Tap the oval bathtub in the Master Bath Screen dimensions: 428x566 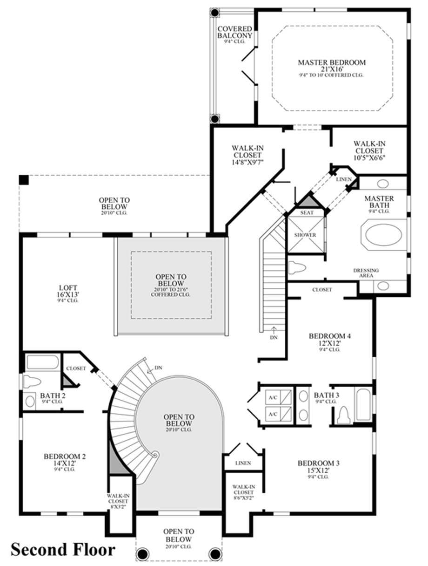[383, 234]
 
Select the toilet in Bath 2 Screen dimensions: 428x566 [32, 382]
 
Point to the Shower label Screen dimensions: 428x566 [305, 235]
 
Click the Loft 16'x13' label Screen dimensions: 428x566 [68, 293]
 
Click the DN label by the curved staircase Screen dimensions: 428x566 [159, 368]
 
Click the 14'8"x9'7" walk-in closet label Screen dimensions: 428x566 [247, 155]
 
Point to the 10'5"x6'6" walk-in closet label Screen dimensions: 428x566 [369, 150]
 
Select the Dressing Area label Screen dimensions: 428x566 [366, 273]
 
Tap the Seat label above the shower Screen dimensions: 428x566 [307, 213]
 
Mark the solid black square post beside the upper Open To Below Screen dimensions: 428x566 [24, 180]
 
